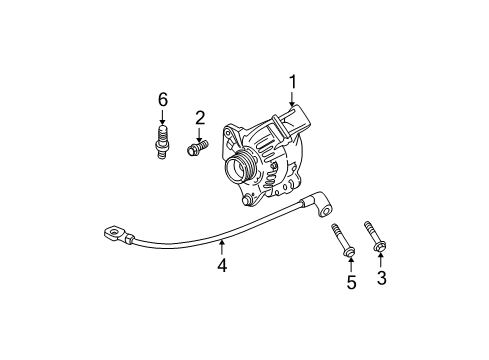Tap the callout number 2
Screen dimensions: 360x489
point(199,118)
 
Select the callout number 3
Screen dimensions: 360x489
point(380,278)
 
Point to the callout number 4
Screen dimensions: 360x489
point(223,265)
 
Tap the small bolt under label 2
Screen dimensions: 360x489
point(197,149)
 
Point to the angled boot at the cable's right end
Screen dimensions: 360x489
point(322,207)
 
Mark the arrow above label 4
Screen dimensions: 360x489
point(223,247)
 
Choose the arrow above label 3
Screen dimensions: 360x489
point(380,260)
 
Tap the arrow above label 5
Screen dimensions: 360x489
point(351,263)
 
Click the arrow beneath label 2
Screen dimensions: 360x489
point(199,133)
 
